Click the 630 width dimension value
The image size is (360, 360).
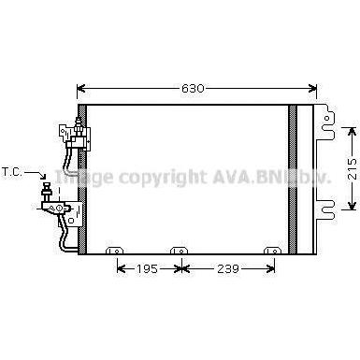[x=193, y=89]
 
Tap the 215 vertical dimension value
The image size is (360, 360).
[x=353, y=168]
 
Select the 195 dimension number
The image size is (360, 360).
[x=147, y=268]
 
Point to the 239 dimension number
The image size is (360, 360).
[x=227, y=268]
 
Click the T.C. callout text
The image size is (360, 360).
[x=12, y=172]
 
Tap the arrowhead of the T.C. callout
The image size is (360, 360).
[x=44, y=176]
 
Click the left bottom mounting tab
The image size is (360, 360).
[x=115, y=251]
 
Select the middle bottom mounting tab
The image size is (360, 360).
[x=179, y=251]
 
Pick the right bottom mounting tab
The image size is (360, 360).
[x=272, y=251]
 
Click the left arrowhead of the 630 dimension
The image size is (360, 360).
[x=81, y=89]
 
